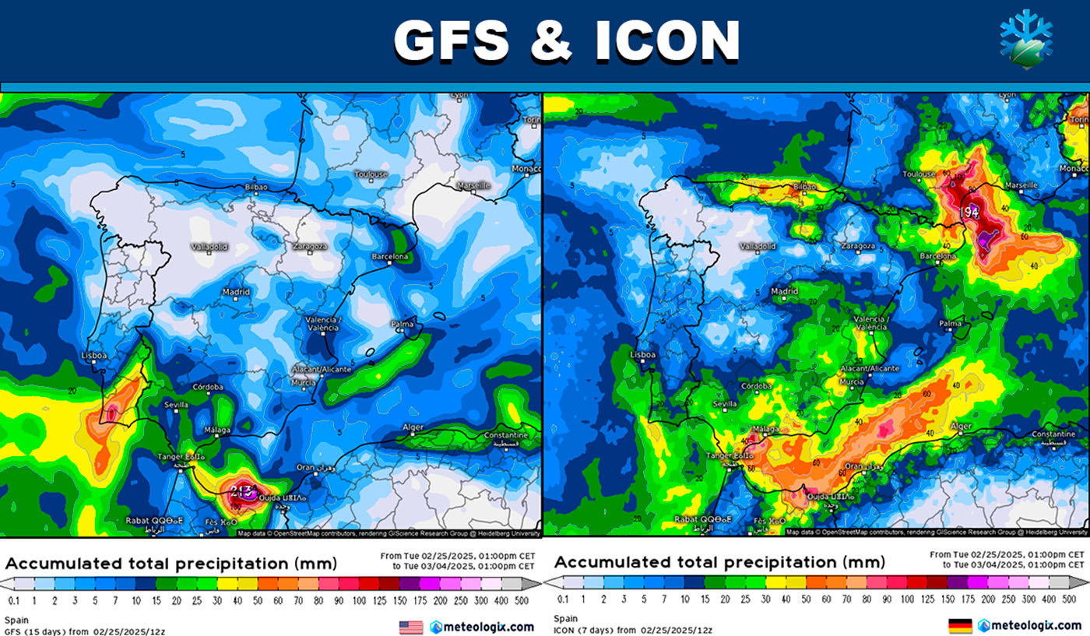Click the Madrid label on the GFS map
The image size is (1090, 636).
pyautogui.click(x=236, y=292)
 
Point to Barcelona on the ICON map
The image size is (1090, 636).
pyautogui.click(x=937, y=256)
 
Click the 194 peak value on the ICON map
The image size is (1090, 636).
pyautogui.click(x=969, y=212)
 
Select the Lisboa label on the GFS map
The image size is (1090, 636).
pyautogui.click(x=93, y=356)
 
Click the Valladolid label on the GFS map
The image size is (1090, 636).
pyautogui.click(x=209, y=247)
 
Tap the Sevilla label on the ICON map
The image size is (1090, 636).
pyautogui.click(x=724, y=404)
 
